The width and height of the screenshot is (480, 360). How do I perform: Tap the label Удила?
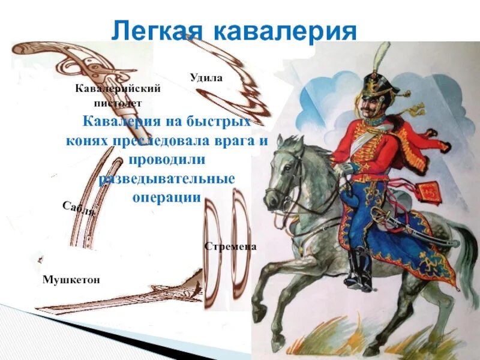pyautogui.click(x=206, y=77)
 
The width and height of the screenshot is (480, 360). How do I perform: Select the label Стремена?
pyautogui.click(x=230, y=247)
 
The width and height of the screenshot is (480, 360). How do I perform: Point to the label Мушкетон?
pyautogui.click(x=71, y=280)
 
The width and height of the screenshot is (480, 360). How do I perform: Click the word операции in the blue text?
pyautogui.click(x=166, y=197)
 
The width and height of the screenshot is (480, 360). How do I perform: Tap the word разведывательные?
pyautogui.click(x=166, y=179)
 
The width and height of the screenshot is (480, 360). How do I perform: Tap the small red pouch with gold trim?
pyautogui.click(x=427, y=191)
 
